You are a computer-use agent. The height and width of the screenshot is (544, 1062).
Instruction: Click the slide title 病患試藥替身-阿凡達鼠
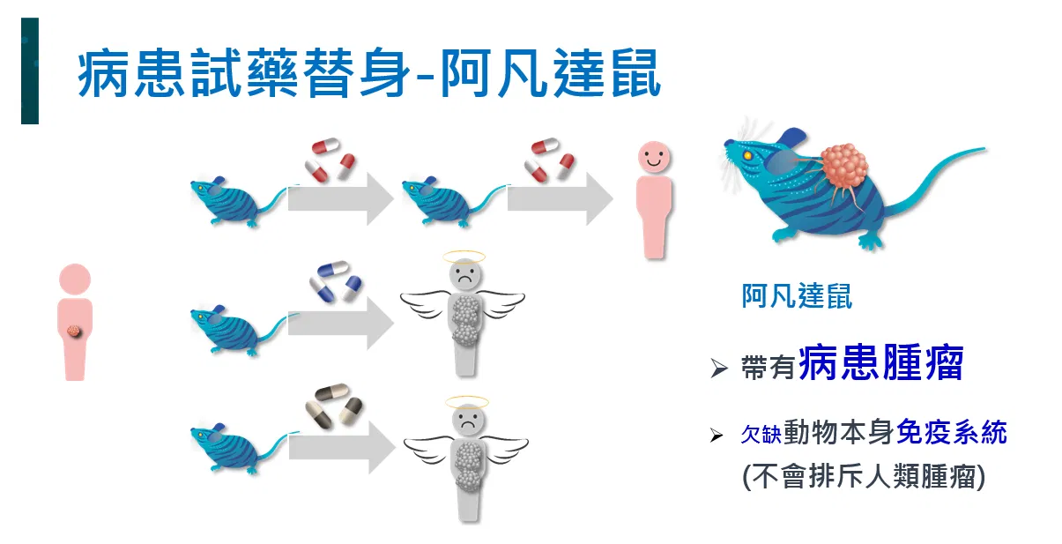click(x=369, y=73)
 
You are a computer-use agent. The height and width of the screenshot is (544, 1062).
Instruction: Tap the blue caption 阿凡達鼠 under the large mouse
click(x=797, y=296)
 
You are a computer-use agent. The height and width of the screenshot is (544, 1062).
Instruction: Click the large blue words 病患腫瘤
click(x=881, y=363)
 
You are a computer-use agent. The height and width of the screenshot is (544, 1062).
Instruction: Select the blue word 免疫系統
click(x=952, y=432)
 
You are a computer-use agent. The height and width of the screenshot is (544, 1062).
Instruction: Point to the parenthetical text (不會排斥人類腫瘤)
click(x=864, y=476)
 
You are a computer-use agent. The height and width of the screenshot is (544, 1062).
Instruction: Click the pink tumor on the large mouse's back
click(x=844, y=168)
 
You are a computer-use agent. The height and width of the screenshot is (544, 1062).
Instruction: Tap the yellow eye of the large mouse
click(x=748, y=155)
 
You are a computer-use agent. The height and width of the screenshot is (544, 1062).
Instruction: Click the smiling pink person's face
click(x=654, y=157)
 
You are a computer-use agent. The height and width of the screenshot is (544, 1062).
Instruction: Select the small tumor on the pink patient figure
click(x=74, y=331)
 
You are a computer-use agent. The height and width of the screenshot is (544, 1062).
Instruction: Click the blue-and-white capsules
click(x=335, y=281)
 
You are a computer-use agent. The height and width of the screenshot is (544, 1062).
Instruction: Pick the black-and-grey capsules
click(x=334, y=406)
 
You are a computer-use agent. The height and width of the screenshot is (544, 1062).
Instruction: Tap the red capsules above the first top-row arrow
click(x=330, y=160)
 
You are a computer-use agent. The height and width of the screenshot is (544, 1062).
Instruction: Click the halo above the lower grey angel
click(x=466, y=403)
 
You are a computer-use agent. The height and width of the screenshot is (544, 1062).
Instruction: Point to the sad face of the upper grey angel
click(x=465, y=275)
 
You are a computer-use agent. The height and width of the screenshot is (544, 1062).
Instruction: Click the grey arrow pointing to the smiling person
click(x=561, y=198)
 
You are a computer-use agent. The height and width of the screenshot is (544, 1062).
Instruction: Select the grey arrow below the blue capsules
click(x=341, y=324)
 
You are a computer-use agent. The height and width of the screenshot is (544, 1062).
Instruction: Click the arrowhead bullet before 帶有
click(x=719, y=368)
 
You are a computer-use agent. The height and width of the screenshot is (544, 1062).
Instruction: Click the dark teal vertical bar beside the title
click(x=30, y=71)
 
